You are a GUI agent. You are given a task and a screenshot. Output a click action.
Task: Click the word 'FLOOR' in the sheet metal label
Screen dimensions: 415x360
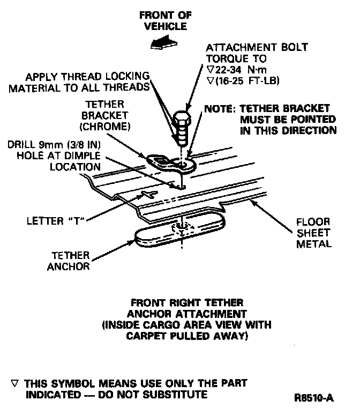pyautogui.click(x=314, y=221)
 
